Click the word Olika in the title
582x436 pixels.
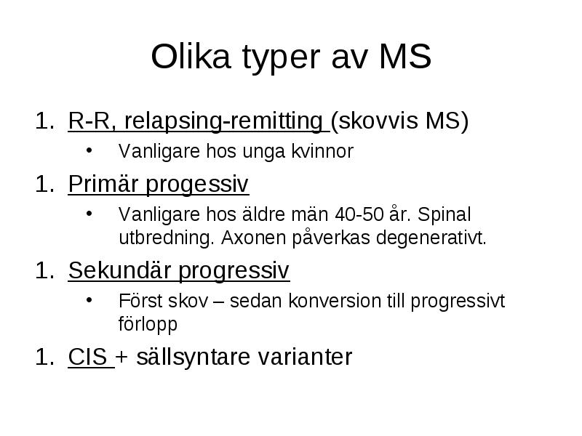(191, 57)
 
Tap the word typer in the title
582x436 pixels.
(281, 59)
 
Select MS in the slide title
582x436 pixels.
(405, 57)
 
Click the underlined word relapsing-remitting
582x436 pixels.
(223, 121)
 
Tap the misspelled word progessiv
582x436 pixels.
(196, 185)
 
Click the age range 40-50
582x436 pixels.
(359, 214)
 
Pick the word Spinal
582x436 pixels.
(444, 215)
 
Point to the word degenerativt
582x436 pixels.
(431, 238)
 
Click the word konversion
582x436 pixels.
(335, 301)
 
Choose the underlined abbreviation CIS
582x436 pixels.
(87, 357)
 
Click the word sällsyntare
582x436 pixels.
(193, 357)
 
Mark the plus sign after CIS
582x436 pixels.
(121, 358)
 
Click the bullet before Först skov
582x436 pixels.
(89, 299)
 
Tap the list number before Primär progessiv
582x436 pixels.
(45, 184)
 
